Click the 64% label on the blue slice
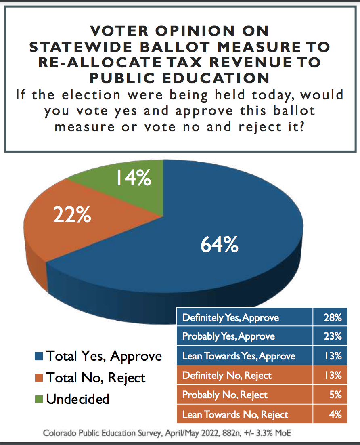click(x=219, y=244)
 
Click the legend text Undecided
click(x=77, y=399)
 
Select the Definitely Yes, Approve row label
click(x=230, y=317)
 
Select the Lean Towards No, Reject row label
click(x=235, y=414)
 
